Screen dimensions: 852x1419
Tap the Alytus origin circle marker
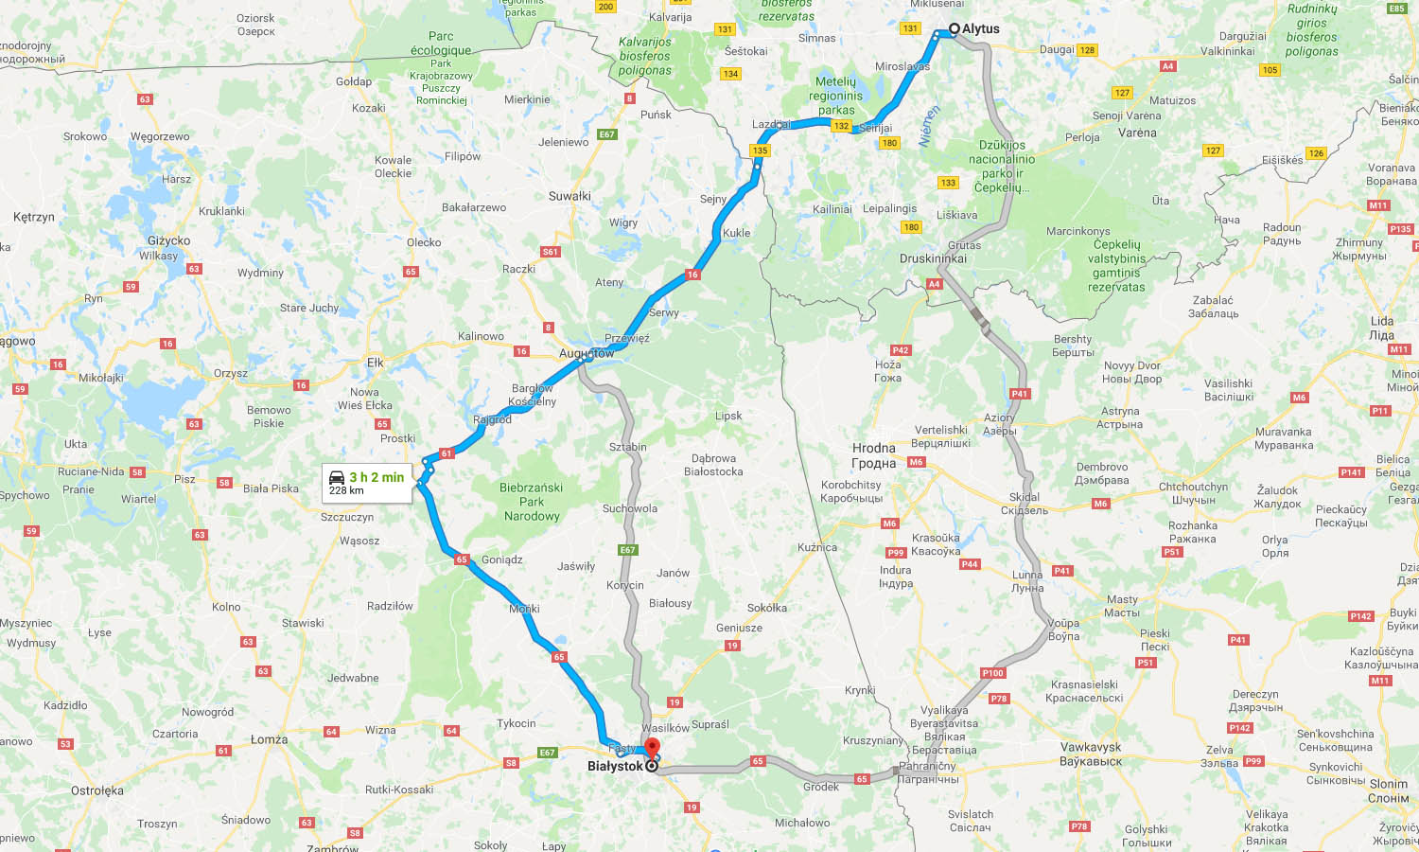pyautogui.click(x=955, y=28)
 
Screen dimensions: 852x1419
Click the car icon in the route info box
pyautogui.click(x=337, y=477)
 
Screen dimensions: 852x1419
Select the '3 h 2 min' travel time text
pyautogui.click(x=377, y=477)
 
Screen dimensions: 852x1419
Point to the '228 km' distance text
pyautogui.click(x=346, y=490)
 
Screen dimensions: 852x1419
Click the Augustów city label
pyautogui.click(x=587, y=353)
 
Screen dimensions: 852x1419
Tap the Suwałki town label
pyautogui.click(x=569, y=196)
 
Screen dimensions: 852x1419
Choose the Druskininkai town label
pyautogui.click(x=933, y=258)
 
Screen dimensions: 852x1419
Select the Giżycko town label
pyautogui.click(x=168, y=240)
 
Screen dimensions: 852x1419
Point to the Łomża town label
pyautogui.click(x=269, y=739)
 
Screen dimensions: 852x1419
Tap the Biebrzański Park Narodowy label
pyautogui.click(x=532, y=502)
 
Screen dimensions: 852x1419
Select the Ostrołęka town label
pyautogui.click(x=97, y=790)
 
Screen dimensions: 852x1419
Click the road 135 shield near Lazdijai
pyautogui.click(x=760, y=151)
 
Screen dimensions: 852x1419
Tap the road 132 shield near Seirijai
pyautogui.click(x=841, y=126)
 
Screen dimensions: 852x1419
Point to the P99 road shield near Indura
pyautogui.click(x=895, y=552)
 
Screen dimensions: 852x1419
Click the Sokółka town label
pyautogui.click(x=767, y=608)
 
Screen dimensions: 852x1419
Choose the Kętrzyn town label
pyautogui.click(x=34, y=217)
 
